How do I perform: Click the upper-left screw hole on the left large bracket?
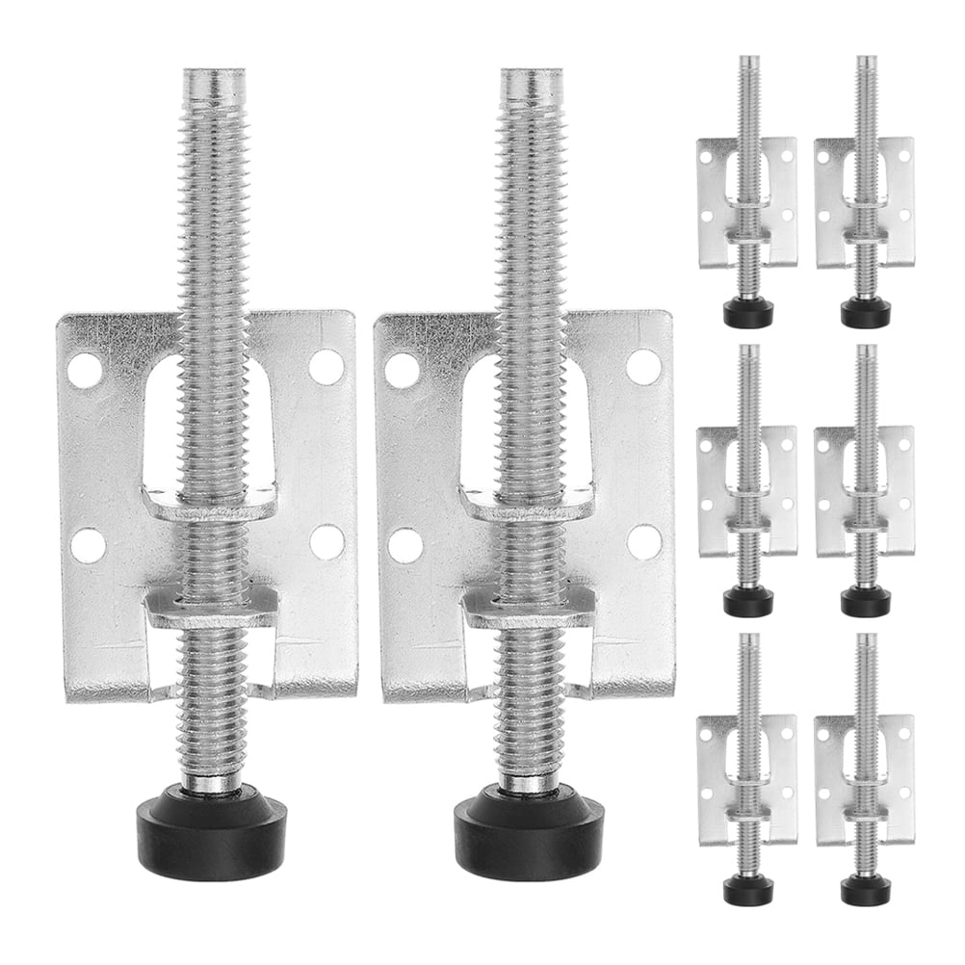tap(85, 371)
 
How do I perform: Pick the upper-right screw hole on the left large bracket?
tap(326, 367)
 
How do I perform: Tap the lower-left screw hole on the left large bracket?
tap(89, 545)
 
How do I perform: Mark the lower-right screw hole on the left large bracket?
tap(328, 541)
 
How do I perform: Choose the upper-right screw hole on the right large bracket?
tap(643, 367)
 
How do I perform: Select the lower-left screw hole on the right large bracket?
tap(405, 545)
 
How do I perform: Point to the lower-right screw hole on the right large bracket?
tap(644, 541)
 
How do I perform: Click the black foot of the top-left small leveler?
tap(748, 312)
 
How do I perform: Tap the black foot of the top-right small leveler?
tap(865, 312)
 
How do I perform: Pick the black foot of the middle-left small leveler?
tap(748, 601)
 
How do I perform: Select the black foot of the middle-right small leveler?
tap(865, 601)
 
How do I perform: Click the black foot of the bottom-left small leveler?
tap(748, 890)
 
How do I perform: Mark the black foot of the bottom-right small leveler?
tap(865, 890)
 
